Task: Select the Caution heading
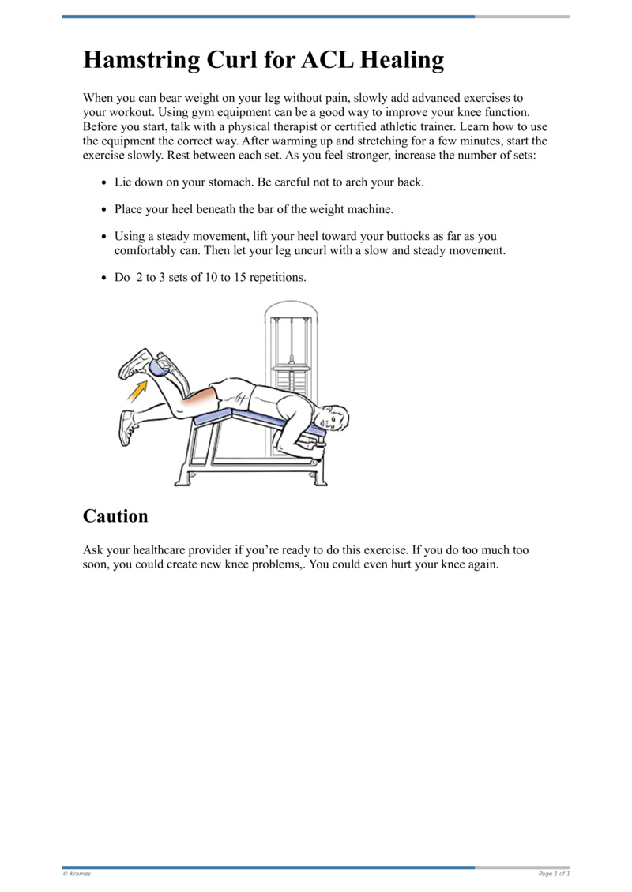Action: click(115, 516)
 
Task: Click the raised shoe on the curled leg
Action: click(135, 363)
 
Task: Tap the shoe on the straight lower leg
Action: click(126, 427)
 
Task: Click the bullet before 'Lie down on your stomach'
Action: click(105, 183)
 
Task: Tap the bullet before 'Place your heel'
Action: click(105, 210)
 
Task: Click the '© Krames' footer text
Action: click(77, 874)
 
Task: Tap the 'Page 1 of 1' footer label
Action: click(553, 874)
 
